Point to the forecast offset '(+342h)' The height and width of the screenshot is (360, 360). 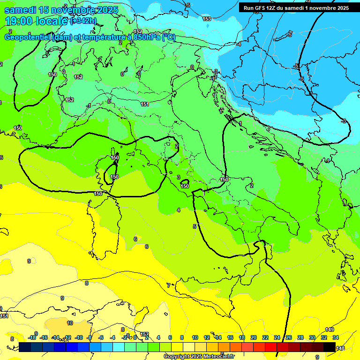83,21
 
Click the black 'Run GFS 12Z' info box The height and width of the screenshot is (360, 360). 296,8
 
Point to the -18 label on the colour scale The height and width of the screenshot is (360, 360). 32,337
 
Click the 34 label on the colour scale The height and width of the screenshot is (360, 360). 335,337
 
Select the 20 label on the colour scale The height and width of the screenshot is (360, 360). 253,337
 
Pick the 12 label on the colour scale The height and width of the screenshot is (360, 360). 207,337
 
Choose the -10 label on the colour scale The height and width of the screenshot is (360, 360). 79,337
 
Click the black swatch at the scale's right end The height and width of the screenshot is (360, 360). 330,347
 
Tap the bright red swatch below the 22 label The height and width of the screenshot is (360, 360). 271,347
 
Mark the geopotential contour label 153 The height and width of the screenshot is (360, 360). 207,19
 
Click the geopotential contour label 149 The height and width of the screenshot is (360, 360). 330,330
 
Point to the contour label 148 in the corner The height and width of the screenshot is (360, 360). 341,348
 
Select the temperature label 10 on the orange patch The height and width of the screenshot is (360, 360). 70,323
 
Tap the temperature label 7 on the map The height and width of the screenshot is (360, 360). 168,285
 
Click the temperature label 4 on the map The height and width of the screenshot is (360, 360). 178,210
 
